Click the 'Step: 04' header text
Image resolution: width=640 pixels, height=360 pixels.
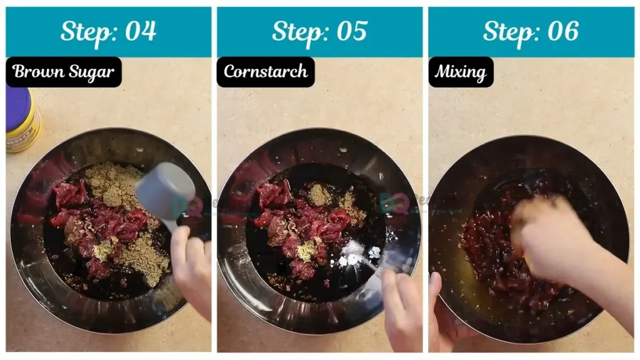coord(108,31)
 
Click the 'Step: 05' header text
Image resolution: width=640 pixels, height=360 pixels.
coord(319,31)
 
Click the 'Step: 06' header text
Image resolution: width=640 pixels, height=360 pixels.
coord(531,31)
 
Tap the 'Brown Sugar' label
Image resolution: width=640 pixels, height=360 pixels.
coord(64,72)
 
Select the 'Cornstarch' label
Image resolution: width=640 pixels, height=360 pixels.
coord(266,72)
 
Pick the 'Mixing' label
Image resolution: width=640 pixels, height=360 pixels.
coord(461,72)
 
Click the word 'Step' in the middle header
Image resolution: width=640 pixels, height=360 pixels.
coord(295,31)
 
